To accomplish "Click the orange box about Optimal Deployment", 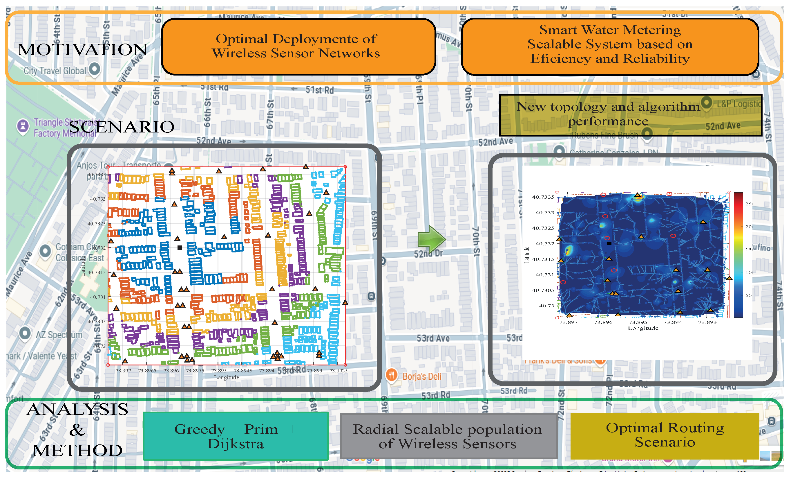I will tap(298, 46).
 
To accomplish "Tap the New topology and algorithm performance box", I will tap(630, 114).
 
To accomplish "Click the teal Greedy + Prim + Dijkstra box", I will tap(235, 436).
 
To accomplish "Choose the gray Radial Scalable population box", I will tap(448, 436).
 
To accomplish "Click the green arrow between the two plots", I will tap(431, 239).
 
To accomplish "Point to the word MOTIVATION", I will tap(82, 50).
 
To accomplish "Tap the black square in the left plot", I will tap(180, 247).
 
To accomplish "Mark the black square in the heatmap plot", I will tap(609, 244).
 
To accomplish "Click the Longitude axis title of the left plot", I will tap(226, 377).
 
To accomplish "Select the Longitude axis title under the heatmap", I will tap(643, 328).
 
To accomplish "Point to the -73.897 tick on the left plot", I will tap(122, 371).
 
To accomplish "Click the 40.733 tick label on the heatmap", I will tap(545, 213).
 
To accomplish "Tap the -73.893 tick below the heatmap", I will tap(706, 322).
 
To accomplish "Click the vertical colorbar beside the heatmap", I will tap(738, 255).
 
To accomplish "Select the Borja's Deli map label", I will tap(422, 376).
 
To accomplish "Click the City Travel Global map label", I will tap(55, 71).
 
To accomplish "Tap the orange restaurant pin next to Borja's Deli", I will tap(392, 374).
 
